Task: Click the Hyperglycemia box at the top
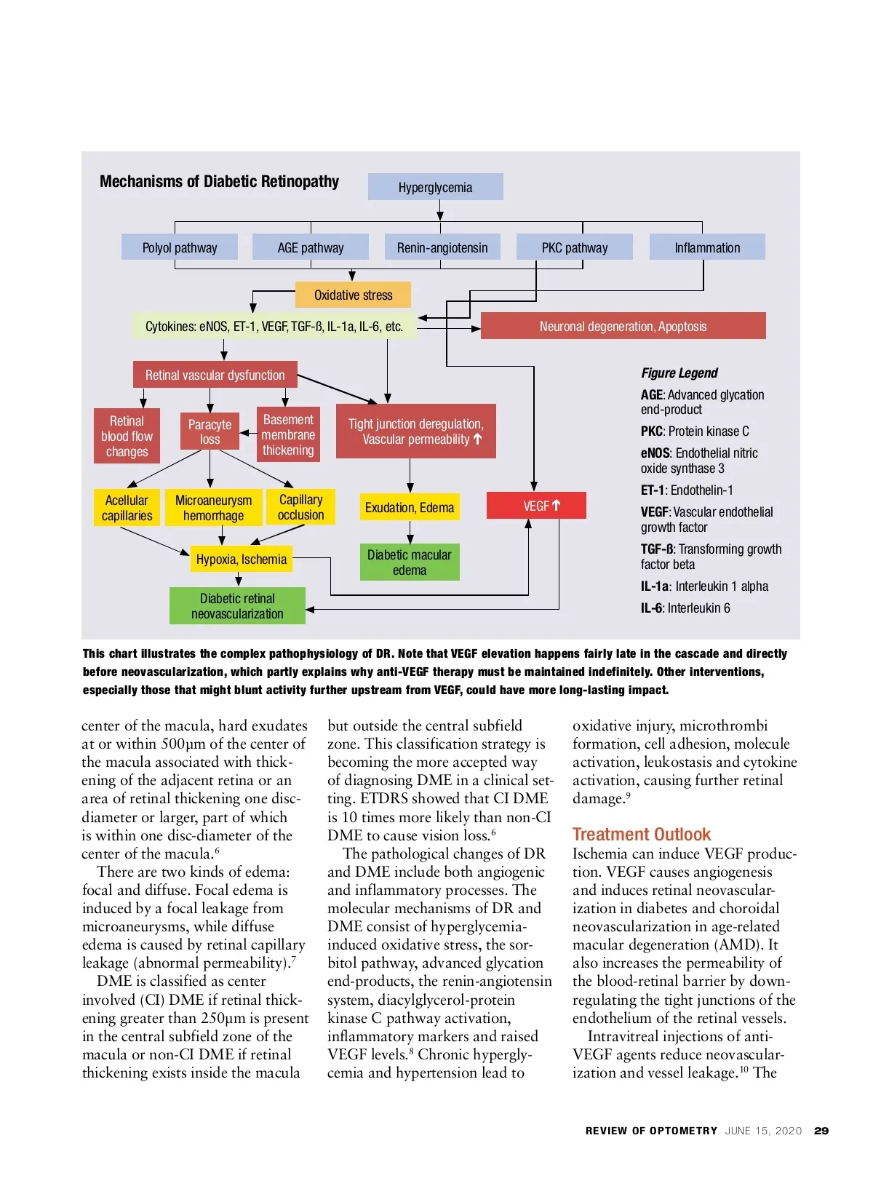435,187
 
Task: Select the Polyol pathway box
180,247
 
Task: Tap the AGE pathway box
311,247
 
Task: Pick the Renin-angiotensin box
442,247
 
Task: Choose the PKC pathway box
574,247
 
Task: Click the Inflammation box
707,247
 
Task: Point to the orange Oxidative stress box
353,295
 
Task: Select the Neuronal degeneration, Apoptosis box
623,326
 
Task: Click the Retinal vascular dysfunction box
215,375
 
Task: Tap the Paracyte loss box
210,431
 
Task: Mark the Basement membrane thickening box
288,434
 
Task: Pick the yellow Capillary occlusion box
300,507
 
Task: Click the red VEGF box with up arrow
536,506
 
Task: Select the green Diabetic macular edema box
410,562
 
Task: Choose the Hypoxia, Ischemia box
241,559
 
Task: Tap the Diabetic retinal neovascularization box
237,606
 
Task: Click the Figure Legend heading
679,373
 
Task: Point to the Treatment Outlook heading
641,834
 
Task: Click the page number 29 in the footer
821,1131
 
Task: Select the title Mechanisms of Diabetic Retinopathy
219,181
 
